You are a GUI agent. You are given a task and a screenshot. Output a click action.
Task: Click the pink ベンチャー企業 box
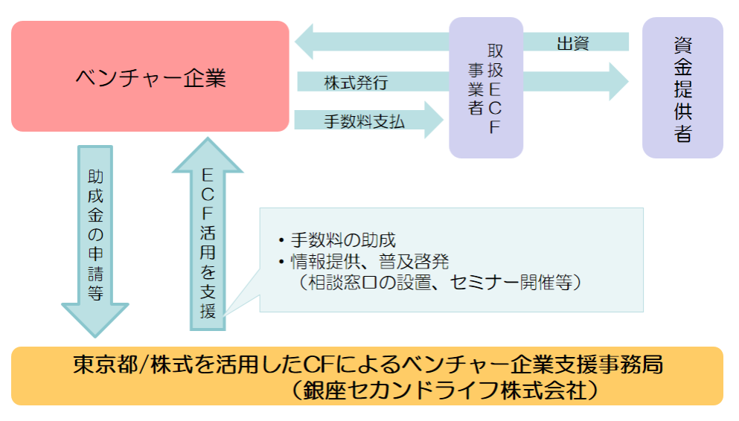pos(150,77)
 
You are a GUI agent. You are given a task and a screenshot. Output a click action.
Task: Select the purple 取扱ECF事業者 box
pos(486,87)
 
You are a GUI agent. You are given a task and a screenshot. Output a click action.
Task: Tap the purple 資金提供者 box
pos(682,89)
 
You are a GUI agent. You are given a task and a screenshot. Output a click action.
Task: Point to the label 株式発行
pos(356,82)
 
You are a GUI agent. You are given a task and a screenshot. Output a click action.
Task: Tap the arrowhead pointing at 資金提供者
pos(618,81)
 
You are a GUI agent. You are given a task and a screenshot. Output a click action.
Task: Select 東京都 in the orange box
pos(96,365)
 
